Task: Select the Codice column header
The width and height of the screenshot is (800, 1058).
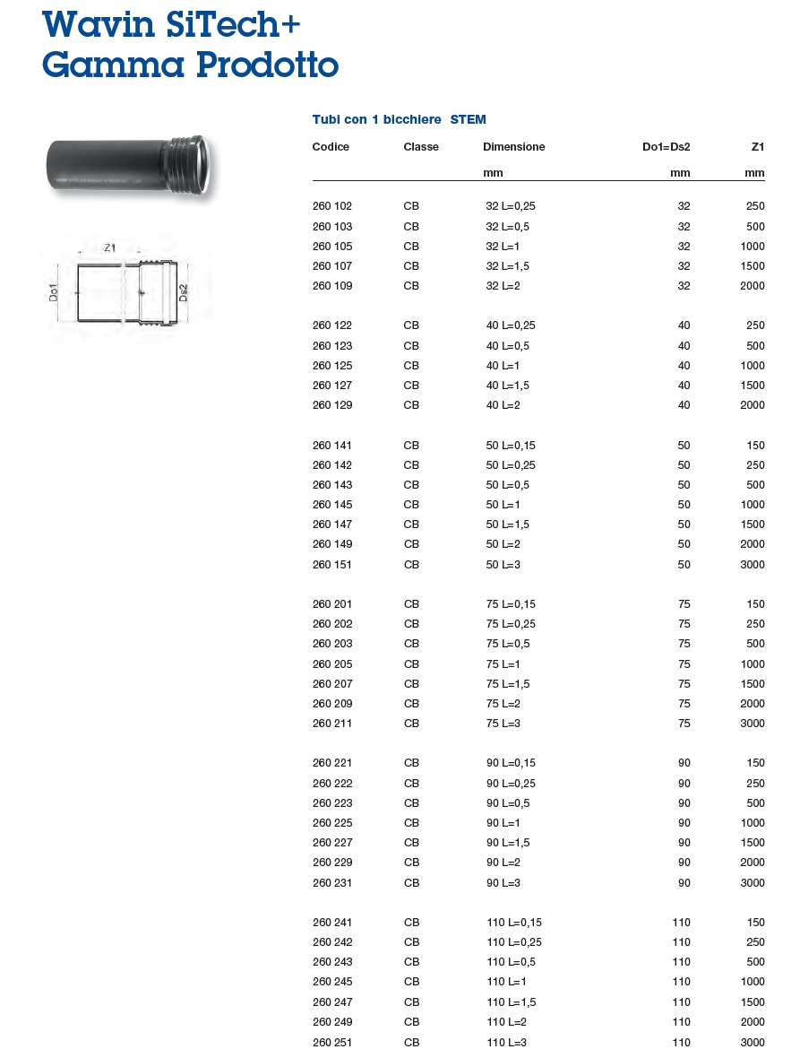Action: [x=331, y=147]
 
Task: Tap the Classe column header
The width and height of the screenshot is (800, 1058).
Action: [x=421, y=147]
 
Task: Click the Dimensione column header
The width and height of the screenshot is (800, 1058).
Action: [x=513, y=147]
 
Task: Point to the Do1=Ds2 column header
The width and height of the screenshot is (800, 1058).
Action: [x=667, y=147]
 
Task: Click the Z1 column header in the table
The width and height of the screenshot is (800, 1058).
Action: [x=758, y=147]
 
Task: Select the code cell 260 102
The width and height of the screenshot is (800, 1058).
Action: [x=331, y=206]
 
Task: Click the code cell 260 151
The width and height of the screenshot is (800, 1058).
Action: [x=331, y=565]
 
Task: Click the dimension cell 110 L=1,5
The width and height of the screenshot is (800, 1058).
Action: [x=512, y=1002]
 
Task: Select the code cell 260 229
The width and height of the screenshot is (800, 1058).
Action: [x=331, y=863]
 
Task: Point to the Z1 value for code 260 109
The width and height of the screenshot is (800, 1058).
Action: [x=753, y=286]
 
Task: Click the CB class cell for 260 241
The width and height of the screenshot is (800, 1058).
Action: [x=411, y=923]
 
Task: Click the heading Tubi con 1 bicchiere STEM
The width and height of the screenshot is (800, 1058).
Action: [x=399, y=119]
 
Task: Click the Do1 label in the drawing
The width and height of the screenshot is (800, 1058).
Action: [x=53, y=293]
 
